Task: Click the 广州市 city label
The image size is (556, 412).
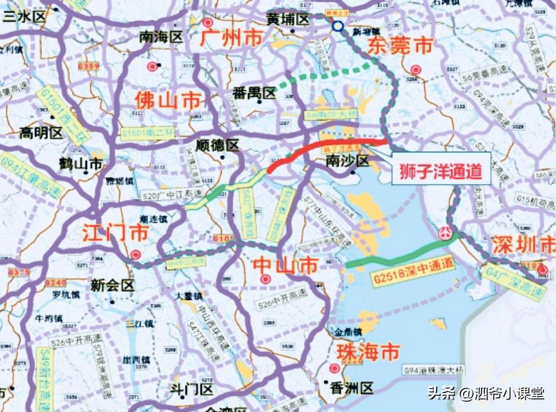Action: [231, 37]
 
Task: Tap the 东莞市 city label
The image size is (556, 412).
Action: [400, 46]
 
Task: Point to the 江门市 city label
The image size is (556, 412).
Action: [116, 233]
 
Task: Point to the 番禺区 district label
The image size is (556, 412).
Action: [254, 93]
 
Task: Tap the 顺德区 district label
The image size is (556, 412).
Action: [217, 145]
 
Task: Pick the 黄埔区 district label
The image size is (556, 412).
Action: [287, 20]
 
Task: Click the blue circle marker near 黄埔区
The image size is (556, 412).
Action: [338, 26]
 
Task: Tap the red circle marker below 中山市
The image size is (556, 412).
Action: [266, 279]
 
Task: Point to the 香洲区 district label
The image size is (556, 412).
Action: [352, 388]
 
